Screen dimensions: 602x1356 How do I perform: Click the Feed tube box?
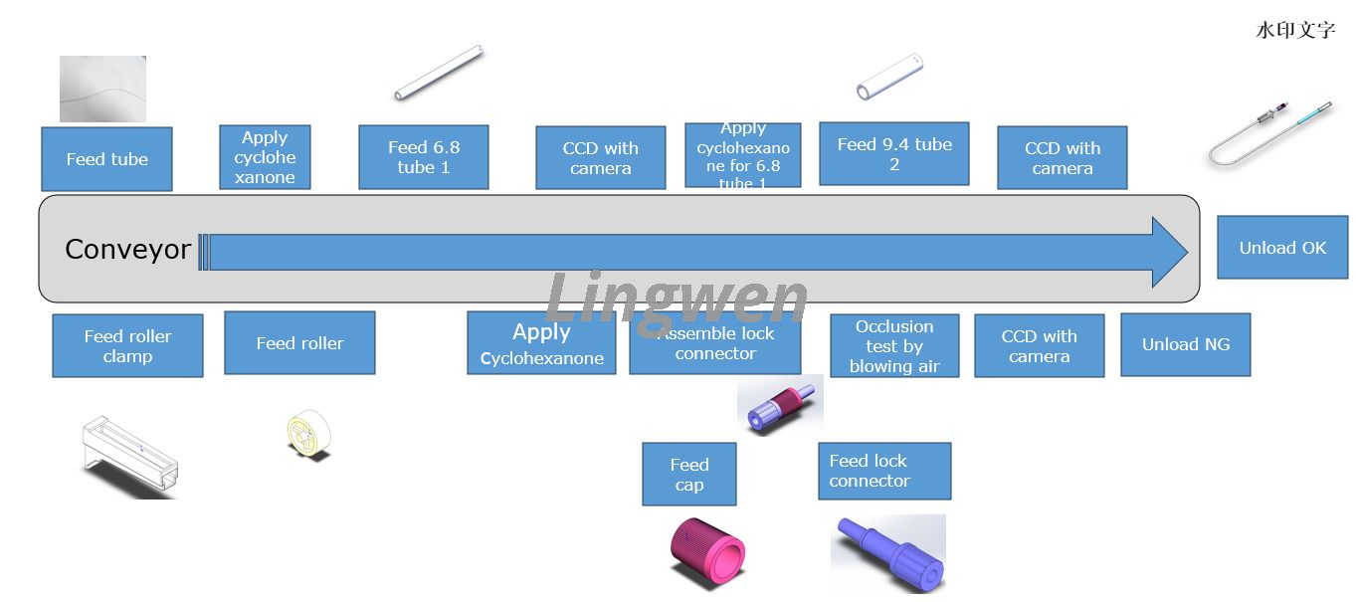click(106, 159)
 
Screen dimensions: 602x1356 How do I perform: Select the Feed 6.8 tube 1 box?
click(424, 157)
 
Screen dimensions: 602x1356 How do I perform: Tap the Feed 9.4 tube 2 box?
click(893, 154)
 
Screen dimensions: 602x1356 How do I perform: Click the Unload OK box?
click(1282, 248)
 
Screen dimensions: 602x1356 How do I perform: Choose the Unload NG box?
click(1185, 345)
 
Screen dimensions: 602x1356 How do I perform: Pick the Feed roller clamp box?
click(127, 346)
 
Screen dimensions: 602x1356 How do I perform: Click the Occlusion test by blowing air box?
click(894, 346)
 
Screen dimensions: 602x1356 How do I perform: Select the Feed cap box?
click(688, 475)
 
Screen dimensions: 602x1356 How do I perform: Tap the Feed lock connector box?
click(884, 471)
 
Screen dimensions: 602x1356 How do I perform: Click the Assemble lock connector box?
click(715, 344)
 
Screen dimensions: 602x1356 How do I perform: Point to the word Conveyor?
click(127, 250)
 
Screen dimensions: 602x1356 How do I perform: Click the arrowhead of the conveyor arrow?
click(1169, 252)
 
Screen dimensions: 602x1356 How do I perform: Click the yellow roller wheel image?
click(307, 435)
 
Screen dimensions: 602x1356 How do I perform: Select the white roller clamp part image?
click(129, 457)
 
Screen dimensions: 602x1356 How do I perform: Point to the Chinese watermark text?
click(1295, 30)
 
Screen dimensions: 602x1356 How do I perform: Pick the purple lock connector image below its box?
click(887, 552)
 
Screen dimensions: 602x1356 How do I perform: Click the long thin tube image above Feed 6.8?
click(439, 73)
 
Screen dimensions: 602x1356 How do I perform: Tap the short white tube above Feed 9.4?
click(889, 77)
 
